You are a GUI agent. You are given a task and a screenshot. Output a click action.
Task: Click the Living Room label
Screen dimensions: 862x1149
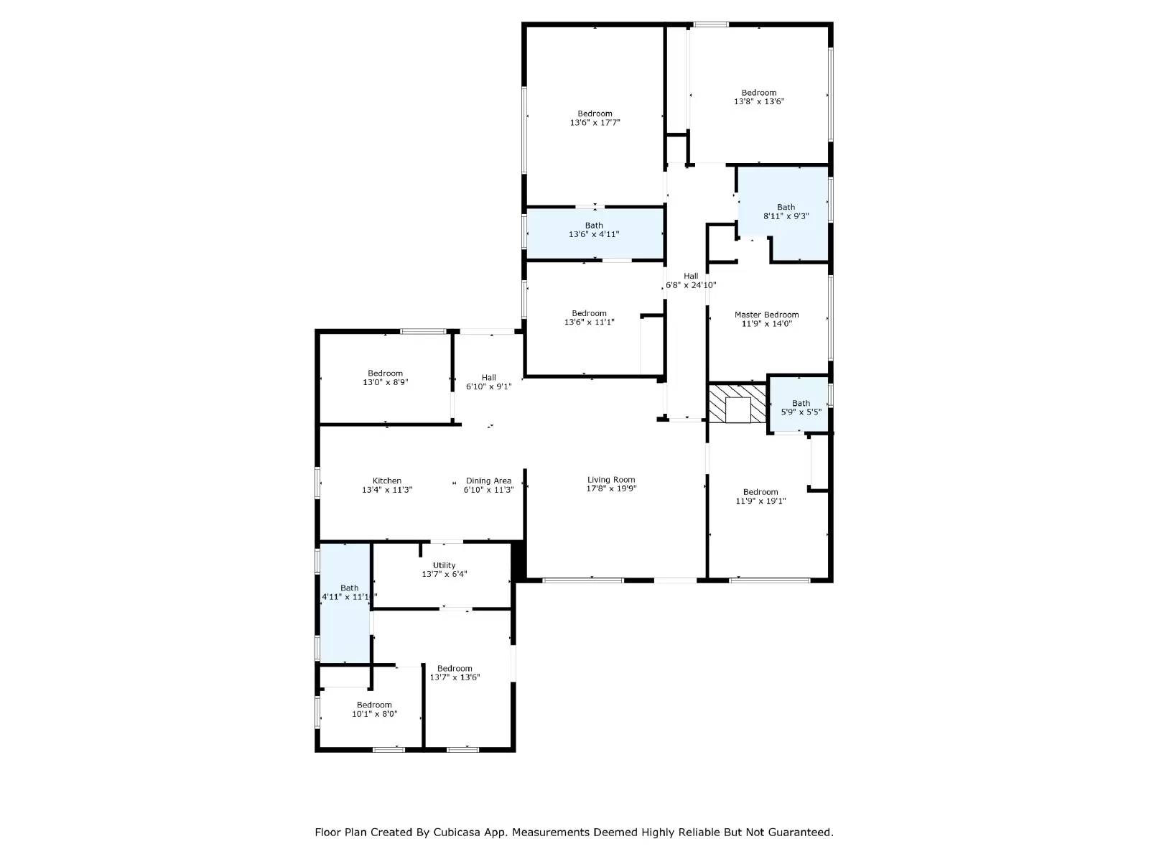[611, 480]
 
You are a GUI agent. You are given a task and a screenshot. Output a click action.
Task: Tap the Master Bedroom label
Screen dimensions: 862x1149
[766, 315]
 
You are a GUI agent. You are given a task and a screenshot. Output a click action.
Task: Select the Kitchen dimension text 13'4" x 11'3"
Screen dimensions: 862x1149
[387, 490]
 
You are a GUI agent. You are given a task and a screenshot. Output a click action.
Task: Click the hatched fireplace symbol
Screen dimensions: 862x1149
[737, 404]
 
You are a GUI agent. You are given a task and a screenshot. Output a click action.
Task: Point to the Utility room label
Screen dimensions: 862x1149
[444, 565]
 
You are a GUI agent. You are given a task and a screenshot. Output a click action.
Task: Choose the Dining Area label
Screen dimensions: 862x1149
[488, 481]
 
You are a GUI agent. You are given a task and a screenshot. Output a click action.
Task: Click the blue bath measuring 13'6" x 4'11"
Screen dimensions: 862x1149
[594, 234]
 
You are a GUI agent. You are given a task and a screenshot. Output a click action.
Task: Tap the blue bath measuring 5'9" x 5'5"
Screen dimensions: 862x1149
[799, 408]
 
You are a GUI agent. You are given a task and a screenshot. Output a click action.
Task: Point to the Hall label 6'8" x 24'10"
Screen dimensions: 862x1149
[690, 276]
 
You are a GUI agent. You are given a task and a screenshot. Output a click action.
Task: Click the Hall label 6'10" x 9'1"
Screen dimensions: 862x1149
[488, 377]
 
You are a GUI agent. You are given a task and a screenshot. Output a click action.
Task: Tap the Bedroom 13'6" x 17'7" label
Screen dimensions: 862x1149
[595, 113]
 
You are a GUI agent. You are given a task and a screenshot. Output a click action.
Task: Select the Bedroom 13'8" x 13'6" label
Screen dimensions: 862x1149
[759, 93]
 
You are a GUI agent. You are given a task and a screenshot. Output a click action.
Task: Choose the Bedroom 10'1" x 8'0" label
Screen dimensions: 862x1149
[374, 705]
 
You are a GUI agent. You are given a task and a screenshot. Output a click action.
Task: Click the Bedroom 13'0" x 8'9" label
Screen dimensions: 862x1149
[385, 374]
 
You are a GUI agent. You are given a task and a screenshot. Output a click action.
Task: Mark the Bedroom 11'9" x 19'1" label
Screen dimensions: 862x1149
[760, 492]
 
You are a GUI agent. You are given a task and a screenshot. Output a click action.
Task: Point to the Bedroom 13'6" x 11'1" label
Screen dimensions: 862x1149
[589, 313]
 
